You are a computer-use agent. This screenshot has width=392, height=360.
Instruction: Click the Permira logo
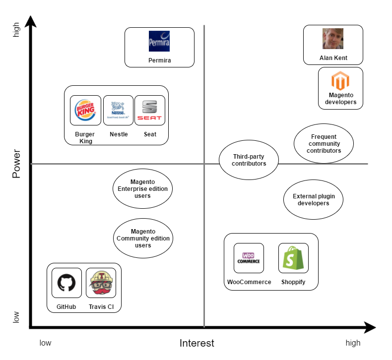pyautogui.click(x=159, y=41)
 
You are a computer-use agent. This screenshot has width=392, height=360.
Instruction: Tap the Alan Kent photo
pyautogui.click(x=332, y=39)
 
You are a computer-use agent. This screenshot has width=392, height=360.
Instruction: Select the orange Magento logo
pyautogui.click(x=340, y=81)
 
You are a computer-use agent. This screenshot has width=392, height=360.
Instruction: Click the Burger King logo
pyautogui.click(x=85, y=111)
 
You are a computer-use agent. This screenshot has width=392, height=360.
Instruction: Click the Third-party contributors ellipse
pyautogui.click(x=249, y=160)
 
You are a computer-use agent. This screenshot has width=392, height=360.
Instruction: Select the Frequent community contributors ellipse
pyautogui.click(x=324, y=143)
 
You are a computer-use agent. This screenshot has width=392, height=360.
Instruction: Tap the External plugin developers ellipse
pyautogui.click(x=314, y=199)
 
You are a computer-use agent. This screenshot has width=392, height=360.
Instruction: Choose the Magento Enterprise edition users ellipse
pyautogui.click(x=142, y=188)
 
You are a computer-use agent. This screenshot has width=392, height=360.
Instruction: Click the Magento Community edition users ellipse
pyautogui.click(x=143, y=238)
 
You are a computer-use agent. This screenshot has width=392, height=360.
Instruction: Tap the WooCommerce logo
pyautogui.click(x=249, y=258)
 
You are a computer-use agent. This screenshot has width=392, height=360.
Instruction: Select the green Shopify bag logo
pyautogui.click(x=293, y=258)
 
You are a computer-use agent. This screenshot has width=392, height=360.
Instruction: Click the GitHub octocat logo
pyautogui.click(x=66, y=283)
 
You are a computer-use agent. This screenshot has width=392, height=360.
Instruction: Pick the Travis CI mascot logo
pyautogui.click(x=101, y=283)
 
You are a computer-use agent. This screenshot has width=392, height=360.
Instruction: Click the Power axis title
pyautogui.click(x=16, y=163)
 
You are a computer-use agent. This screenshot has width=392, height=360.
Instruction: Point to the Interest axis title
pyautogui.click(x=196, y=343)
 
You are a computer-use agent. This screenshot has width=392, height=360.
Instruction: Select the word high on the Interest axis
pyautogui.click(x=353, y=343)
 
